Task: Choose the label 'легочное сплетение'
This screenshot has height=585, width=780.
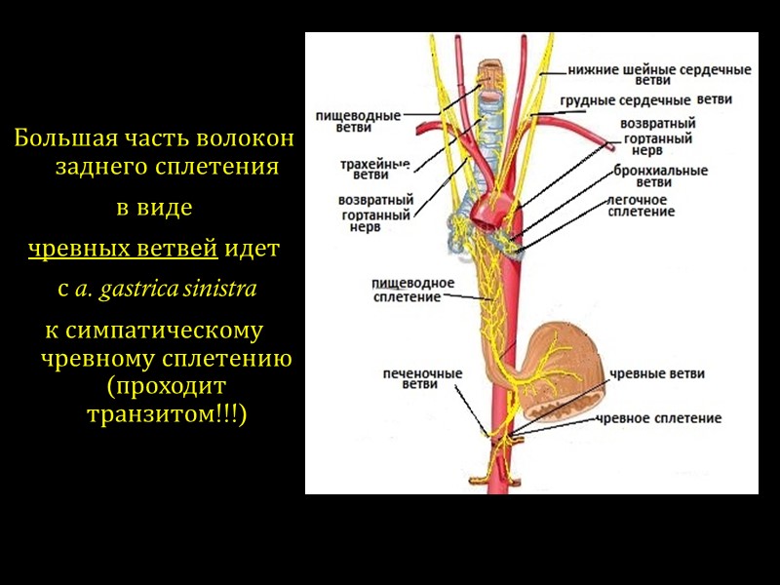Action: pyautogui.click(x=642, y=205)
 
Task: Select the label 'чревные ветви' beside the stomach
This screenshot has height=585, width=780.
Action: pyautogui.click(x=656, y=374)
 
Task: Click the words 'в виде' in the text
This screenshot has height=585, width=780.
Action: pyautogui.click(x=154, y=209)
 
